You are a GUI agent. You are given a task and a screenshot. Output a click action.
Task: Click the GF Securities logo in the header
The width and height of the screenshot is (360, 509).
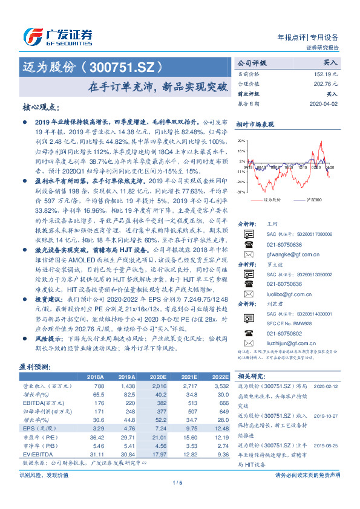click(x=57, y=36)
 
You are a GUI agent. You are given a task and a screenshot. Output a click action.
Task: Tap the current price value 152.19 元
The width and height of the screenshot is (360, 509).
click(x=325, y=74)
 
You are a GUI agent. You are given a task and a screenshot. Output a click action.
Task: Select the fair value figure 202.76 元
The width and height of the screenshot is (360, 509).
click(x=325, y=84)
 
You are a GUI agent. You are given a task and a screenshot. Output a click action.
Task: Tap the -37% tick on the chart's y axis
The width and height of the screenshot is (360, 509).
click(x=241, y=192)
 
